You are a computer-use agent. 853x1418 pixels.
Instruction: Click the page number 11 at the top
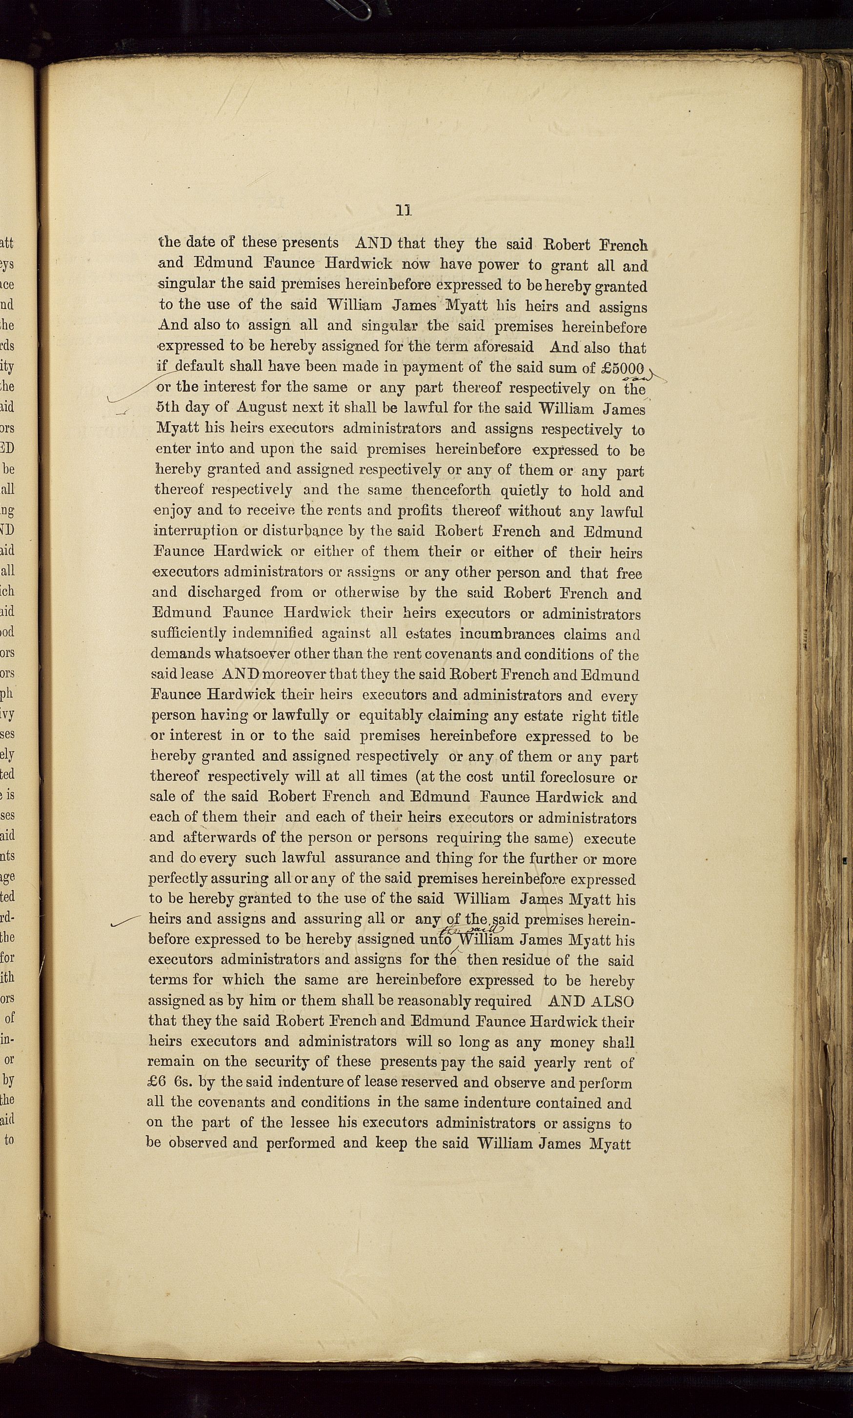[404, 210]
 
